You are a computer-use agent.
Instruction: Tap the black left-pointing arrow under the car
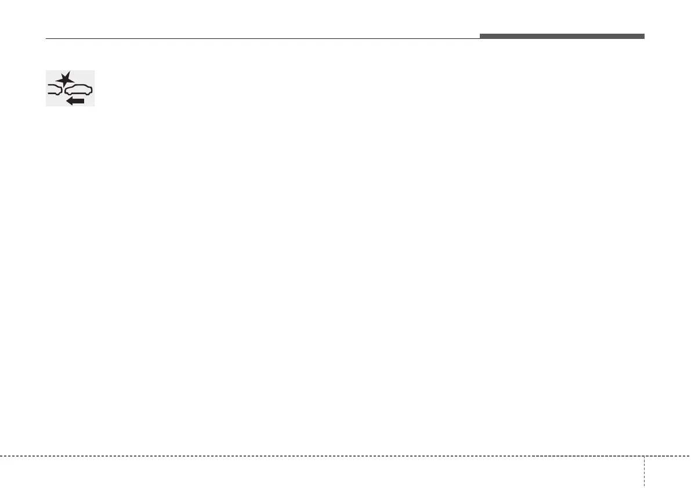click(x=75, y=101)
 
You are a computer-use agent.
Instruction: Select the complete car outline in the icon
click(x=78, y=90)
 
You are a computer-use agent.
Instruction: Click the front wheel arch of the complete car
click(x=70, y=93)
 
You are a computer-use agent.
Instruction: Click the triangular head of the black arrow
click(x=70, y=101)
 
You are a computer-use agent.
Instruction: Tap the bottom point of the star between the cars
click(x=64, y=87)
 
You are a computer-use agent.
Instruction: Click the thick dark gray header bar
click(x=562, y=36)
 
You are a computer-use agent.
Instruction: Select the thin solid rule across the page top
click(x=261, y=39)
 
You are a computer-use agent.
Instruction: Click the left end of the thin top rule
click(x=47, y=39)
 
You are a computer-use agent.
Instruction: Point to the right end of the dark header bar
click(x=643, y=36)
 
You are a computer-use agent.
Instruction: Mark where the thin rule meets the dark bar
click(x=480, y=38)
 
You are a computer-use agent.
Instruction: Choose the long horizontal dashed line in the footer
click(x=319, y=456)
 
